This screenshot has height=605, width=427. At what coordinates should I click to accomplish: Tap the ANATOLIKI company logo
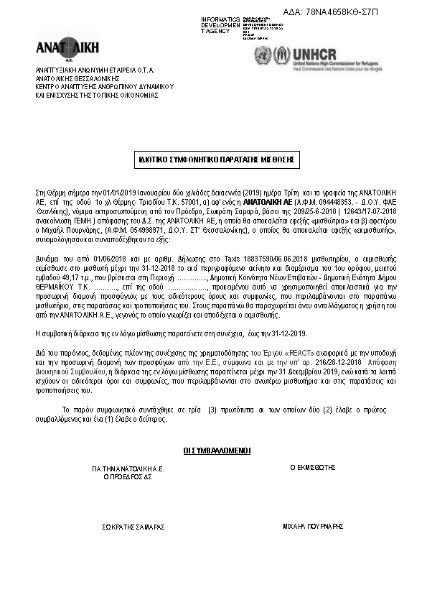pos(68,48)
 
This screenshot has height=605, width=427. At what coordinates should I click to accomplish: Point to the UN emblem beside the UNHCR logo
pos(263,55)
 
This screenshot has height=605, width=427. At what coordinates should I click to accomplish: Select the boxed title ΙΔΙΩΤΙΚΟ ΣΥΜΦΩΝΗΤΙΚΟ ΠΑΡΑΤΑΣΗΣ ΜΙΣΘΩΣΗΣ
pos(216,160)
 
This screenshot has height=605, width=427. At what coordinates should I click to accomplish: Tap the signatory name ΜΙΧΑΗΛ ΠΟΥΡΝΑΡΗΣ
pos(314,526)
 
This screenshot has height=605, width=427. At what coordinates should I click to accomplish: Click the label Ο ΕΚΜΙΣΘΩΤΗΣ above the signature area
pos(313,467)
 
